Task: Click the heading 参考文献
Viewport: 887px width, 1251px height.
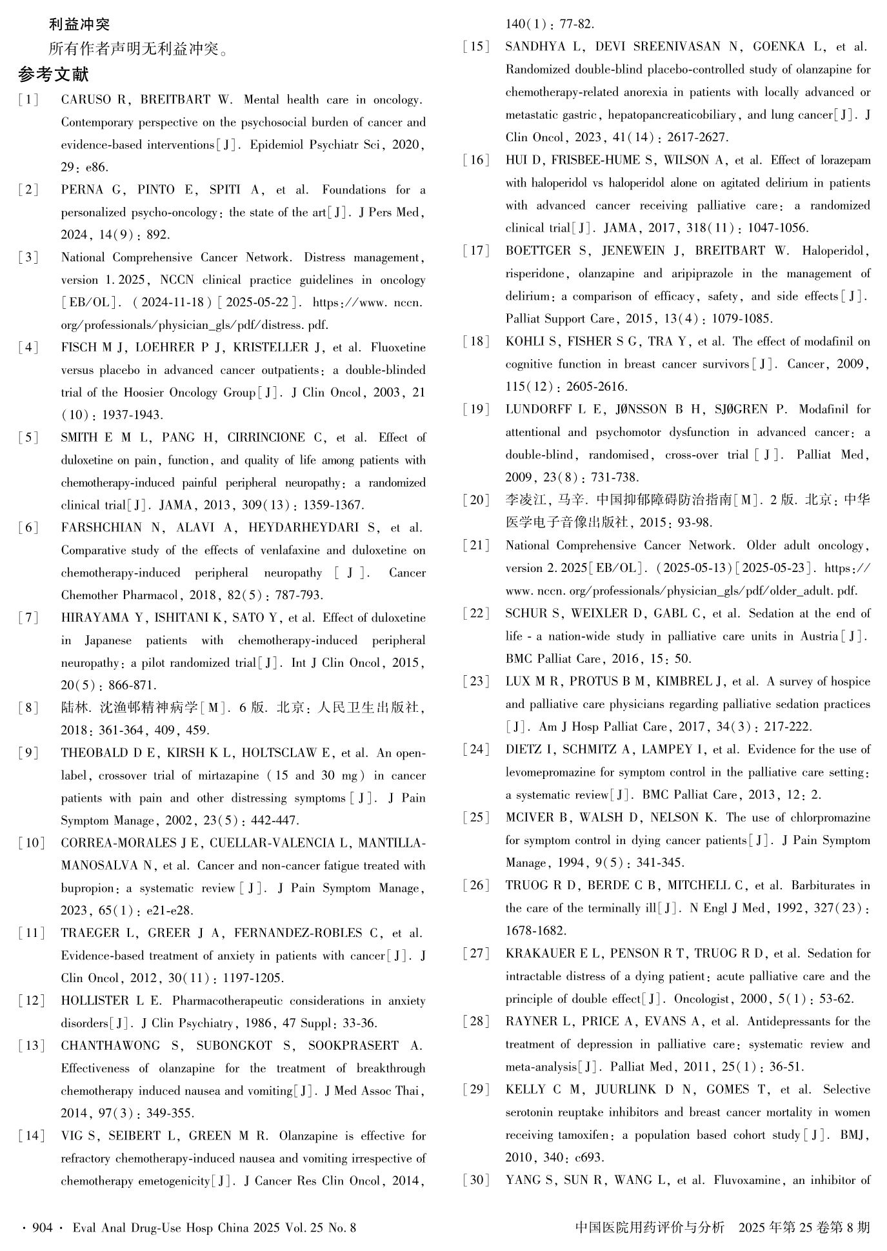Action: tap(53, 75)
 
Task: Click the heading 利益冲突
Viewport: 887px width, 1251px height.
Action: tap(79, 25)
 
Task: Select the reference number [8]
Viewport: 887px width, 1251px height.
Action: tap(29, 708)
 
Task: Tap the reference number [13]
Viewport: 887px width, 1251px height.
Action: tap(32, 1045)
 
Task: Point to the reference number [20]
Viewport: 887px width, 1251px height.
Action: tap(476, 500)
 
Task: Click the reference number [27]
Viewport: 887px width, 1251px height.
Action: tap(476, 953)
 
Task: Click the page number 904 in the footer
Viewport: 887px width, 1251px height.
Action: tap(42, 1227)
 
